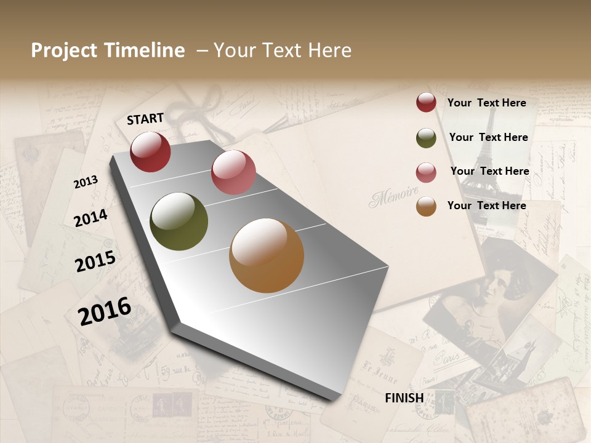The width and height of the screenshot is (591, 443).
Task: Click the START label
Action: click(145, 119)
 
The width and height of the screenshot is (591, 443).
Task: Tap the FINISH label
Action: click(404, 398)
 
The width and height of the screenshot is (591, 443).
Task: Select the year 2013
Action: click(86, 182)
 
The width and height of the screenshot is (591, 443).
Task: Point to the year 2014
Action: click(91, 218)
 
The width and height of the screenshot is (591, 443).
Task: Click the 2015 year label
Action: click(95, 261)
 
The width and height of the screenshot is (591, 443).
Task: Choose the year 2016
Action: click(105, 311)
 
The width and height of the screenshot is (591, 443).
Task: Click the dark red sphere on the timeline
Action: click(150, 151)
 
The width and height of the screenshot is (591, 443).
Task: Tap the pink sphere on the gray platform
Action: click(233, 172)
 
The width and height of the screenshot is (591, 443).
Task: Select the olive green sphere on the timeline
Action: click(179, 221)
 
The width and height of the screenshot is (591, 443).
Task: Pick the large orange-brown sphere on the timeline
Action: click(267, 255)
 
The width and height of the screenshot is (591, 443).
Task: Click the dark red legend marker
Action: click(426, 102)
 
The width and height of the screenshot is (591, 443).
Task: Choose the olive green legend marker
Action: click(426, 138)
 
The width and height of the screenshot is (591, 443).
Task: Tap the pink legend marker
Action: click(426, 172)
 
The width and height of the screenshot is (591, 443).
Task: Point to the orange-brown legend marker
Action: click(426, 207)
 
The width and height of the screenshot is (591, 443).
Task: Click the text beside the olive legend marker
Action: click(488, 137)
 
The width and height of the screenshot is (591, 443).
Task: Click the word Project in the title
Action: click(65, 50)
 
